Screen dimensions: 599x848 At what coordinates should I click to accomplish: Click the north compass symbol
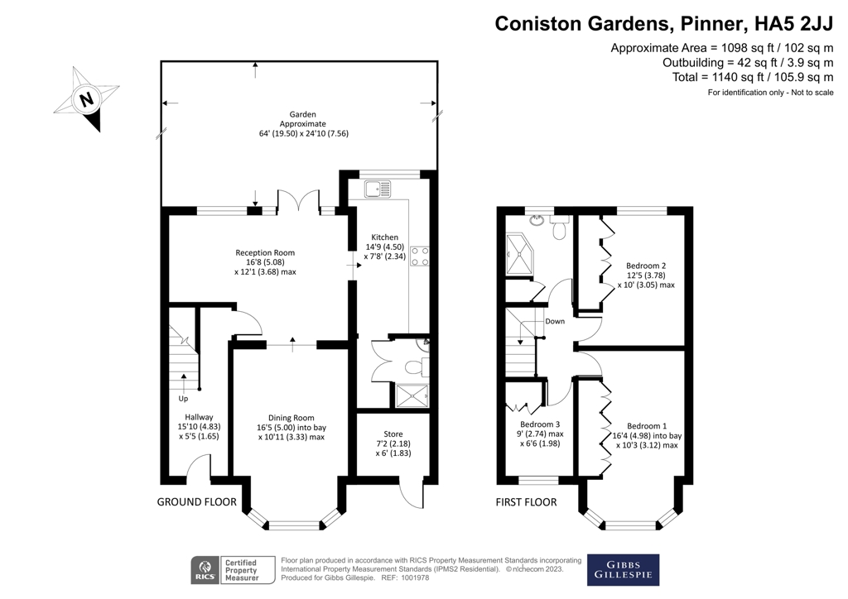click(x=86, y=100)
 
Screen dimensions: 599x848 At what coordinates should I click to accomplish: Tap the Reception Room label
click(x=265, y=261)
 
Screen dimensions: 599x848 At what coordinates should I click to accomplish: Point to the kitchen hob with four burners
click(x=419, y=256)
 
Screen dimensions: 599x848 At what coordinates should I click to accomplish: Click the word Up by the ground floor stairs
click(x=183, y=398)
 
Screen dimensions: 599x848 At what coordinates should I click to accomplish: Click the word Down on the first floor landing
click(x=555, y=321)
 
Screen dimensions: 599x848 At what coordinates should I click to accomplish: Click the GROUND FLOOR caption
click(x=197, y=502)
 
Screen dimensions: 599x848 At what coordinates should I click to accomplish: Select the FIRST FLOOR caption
click(x=526, y=502)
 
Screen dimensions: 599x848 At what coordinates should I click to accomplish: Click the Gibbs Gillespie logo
click(x=623, y=568)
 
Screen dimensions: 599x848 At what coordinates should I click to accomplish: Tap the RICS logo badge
click(x=202, y=568)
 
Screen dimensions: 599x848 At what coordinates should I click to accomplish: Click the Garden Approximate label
click(x=302, y=123)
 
